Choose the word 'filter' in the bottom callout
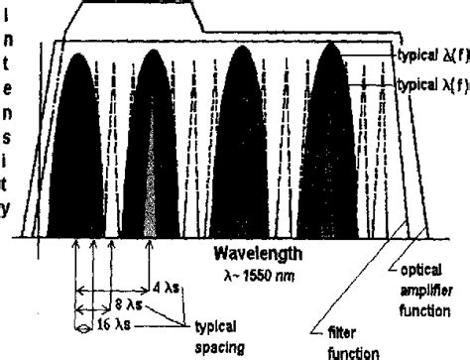pyautogui.click(x=338, y=334)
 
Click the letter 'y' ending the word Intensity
pyautogui.click(x=9, y=208)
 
